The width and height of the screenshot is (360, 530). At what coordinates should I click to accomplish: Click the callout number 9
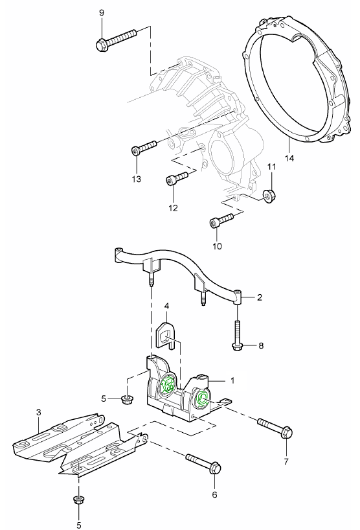pos(101,13)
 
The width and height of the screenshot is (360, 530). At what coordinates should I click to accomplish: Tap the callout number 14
pos(289,157)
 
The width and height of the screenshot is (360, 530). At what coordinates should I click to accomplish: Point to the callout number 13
pos(137,179)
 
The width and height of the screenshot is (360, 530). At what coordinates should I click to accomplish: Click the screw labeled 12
pos(177,178)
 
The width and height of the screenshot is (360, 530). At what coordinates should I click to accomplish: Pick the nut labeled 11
pos(269,196)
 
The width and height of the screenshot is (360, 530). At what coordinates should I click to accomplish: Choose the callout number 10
pos(218,246)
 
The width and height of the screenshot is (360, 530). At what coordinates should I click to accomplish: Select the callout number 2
pos(260,297)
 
